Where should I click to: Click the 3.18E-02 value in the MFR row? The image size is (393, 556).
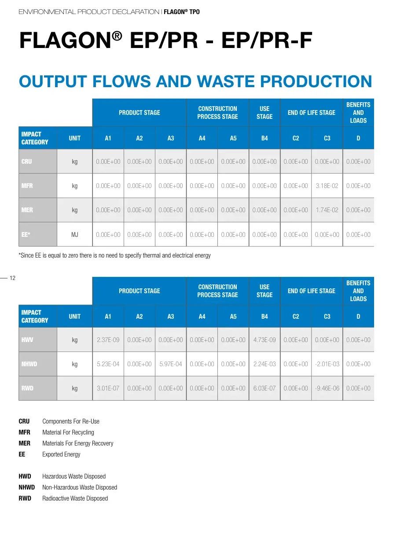tap(327, 186)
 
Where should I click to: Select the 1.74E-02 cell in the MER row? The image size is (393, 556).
tap(327, 210)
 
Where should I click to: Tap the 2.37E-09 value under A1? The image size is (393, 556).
tap(108, 340)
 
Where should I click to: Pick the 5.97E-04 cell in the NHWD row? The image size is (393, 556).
tap(170, 364)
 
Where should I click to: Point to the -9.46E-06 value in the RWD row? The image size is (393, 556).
tap(327, 388)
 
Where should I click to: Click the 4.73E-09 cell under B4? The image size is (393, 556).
tap(264, 340)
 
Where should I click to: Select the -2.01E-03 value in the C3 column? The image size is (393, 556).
tap(327, 364)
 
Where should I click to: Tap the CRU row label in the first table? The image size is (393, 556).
tap(27, 162)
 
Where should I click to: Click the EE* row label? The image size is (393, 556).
tap(26, 235)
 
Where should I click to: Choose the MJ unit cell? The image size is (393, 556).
tap(75, 235)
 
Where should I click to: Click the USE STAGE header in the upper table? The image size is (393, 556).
tap(264, 113)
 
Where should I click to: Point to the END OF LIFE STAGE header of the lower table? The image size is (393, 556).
tap(312, 291)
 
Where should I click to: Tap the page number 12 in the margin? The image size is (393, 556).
tap(12, 278)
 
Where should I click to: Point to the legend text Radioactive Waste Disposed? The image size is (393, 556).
tap(75, 498)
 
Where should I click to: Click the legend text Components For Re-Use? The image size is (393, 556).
tap(71, 421)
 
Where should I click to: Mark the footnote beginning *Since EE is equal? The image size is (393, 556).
tap(114, 255)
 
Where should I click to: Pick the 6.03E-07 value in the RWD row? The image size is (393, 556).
tap(264, 388)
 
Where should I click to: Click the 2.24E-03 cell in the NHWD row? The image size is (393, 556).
tap(264, 364)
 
